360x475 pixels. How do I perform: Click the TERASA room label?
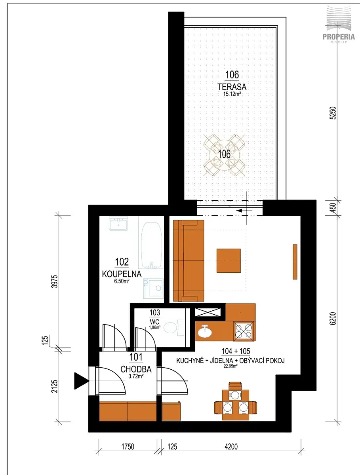coord(232,87)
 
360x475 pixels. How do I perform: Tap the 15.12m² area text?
coord(232,94)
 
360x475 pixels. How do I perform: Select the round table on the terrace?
coord(224,154)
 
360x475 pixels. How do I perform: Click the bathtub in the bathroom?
coord(151,245)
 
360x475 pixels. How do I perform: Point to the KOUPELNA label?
coord(122,274)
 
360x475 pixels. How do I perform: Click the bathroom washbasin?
coord(118,224)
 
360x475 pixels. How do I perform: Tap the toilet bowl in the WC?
coord(173,328)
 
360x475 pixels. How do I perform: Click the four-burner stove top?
coord(244,331)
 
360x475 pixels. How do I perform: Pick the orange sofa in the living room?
coord(189,261)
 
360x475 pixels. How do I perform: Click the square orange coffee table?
coord(229,260)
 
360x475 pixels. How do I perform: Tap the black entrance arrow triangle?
coord(81,381)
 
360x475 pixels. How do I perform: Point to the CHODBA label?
coord(136,369)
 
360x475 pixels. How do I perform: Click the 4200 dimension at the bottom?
coord(231,446)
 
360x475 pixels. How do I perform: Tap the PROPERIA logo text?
coord(339,36)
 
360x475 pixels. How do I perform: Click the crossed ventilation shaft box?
coord(208,312)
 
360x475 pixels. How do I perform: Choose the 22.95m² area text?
coord(230,366)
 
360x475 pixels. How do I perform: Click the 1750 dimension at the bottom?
coord(128,446)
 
